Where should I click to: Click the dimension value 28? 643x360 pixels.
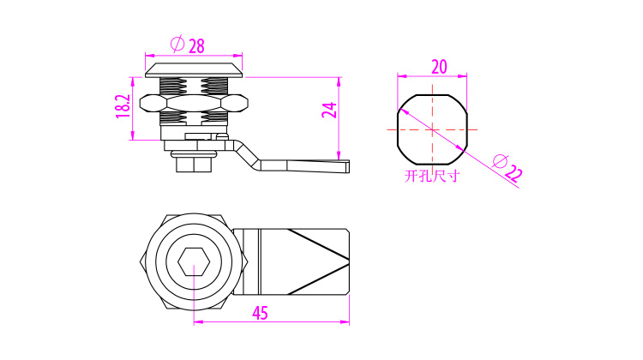tap(196, 46)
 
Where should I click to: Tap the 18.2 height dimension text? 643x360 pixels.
tap(123, 106)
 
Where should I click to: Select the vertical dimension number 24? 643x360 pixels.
tap(329, 110)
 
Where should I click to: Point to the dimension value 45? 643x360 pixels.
tap(260, 313)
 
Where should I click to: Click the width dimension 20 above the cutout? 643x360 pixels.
tap(439, 66)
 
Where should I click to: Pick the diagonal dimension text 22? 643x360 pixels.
tap(514, 174)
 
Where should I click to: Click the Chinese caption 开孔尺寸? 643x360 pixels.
tap(432, 176)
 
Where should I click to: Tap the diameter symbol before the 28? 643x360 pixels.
tap(177, 44)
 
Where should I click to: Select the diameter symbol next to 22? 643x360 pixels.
tap(500, 161)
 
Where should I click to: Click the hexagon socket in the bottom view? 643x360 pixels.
tap(194, 261)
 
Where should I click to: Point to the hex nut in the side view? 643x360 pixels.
tap(194, 103)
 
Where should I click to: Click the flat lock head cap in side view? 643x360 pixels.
tap(194, 70)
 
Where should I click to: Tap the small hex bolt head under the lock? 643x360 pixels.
tap(194, 165)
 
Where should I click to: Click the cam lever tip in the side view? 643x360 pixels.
tap(348, 166)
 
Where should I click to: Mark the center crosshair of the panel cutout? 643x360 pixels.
tap(432, 130)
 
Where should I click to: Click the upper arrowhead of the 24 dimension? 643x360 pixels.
tap(339, 81)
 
